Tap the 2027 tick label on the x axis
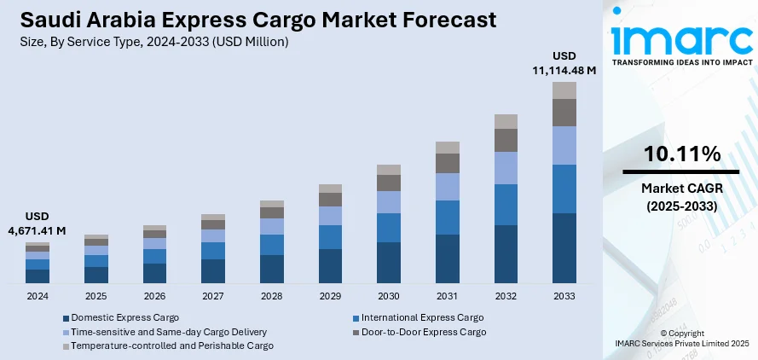[x=213, y=295]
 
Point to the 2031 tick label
[x=448, y=295]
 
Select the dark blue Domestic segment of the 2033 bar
[x=564, y=247]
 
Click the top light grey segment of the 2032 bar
[x=506, y=121]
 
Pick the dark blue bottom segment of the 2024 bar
[x=38, y=276]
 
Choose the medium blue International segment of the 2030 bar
[x=389, y=228]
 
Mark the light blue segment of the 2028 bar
[x=272, y=226]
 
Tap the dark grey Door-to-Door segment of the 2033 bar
[x=564, y=113]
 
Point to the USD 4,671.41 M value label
[x=38, y=224]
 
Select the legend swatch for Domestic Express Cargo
[x=67, y=317]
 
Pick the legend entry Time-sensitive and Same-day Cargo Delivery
[x=169, y=331]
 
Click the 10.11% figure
[x=683, y=154]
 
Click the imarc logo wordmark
[x=682, y=38]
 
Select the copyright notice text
[x=683, y=338]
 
